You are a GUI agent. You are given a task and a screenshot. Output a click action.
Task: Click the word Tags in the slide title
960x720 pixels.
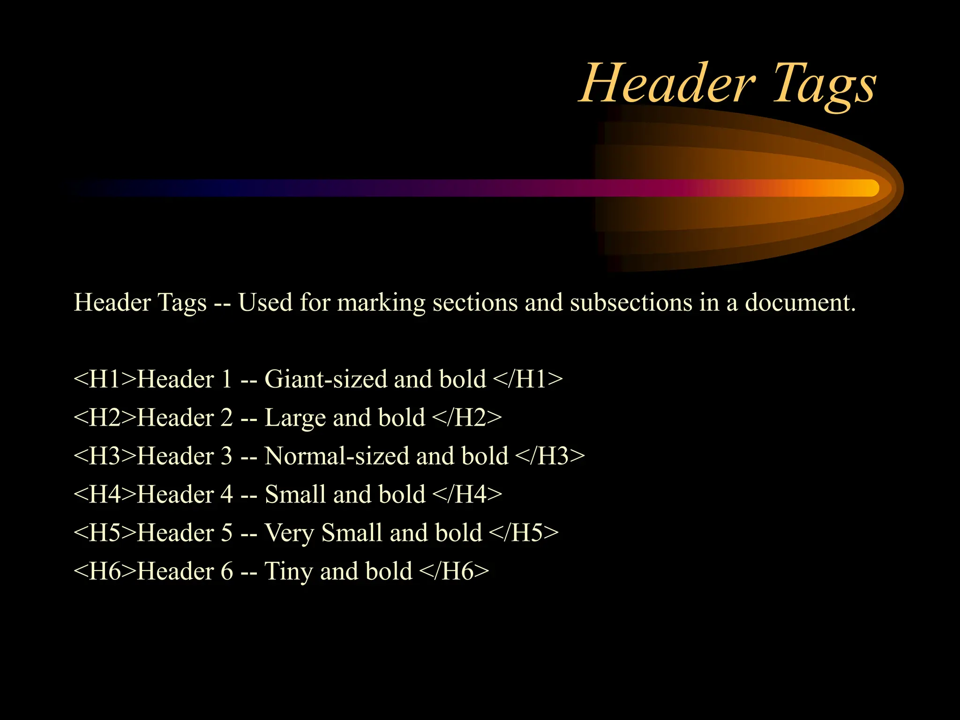tap(824, 84)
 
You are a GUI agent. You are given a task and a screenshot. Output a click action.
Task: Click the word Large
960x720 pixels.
tap(295, 418)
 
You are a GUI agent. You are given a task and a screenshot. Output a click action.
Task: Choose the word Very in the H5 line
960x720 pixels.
tap(289, 533)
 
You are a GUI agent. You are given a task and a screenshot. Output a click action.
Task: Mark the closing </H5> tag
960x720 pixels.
tap(524, 532)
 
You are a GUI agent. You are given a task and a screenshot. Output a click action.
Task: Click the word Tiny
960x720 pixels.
tap(289, 572)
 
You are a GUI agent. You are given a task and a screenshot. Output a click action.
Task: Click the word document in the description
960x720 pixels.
tap(800, 302)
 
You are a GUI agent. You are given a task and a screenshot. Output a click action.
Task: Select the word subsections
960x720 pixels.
tap(631, 302)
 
